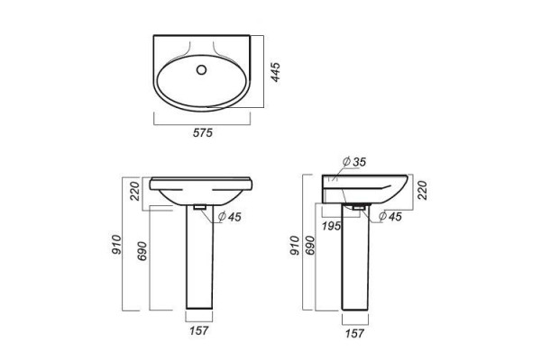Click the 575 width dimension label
[x=203, y=132]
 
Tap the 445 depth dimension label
[x=275, y=72]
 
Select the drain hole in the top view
[x=201, y=70]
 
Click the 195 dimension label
[x=332, y=226]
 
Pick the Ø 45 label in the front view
[x=229, y=217]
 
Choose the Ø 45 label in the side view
[x=390, y=216]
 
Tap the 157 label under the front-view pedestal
[x=198, y=330]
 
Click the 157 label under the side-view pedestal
[x=354, y=333]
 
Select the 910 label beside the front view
[x=117, y=244]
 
